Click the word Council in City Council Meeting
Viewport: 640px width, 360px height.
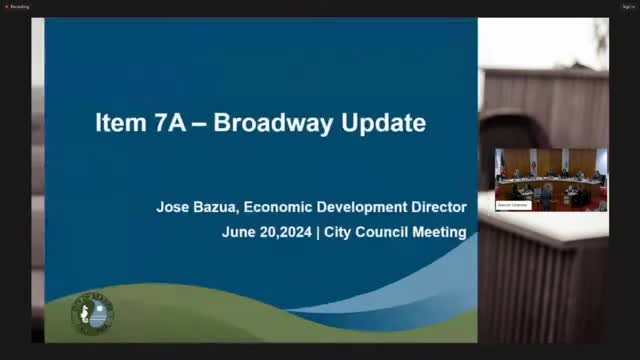click(x=382, y=232)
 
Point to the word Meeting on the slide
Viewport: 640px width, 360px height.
click(x=440, y=232)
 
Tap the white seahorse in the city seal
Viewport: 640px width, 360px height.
click(x=90, y=314)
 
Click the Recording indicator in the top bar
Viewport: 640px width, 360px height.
click(x=18, y=6)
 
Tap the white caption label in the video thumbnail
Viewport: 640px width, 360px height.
click(x=512, y=204)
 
